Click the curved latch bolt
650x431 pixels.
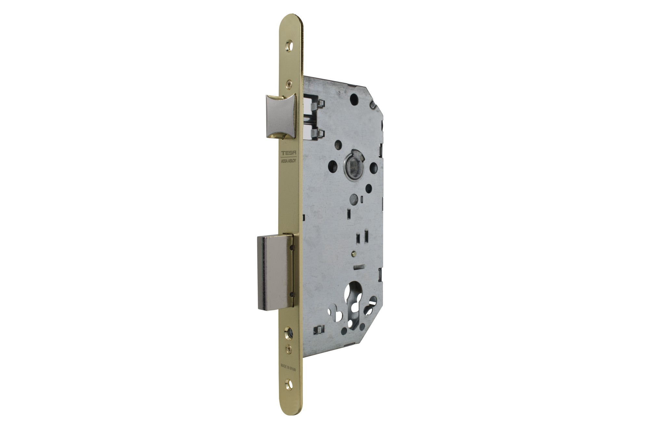click(280, 115)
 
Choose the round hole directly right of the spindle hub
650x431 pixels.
click(374, 168)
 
